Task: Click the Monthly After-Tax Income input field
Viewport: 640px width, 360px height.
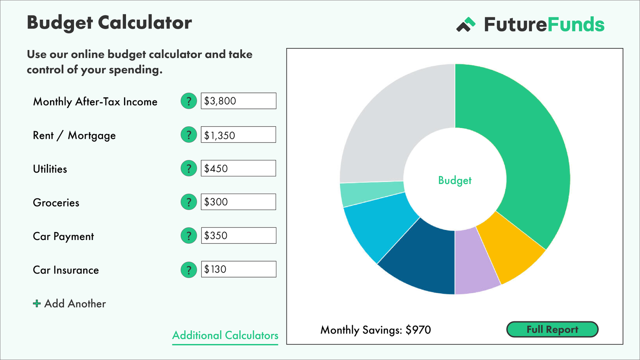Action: pos(238,101)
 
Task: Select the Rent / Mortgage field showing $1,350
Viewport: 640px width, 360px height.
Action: pos(238,135)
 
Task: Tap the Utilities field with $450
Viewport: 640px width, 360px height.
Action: pos(238,168)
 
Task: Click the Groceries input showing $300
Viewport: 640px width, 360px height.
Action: pos(238,202)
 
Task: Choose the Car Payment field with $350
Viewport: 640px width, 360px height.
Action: pos(238,236)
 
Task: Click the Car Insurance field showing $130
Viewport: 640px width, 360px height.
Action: pos(238,269)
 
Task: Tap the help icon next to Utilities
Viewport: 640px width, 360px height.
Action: pos(189,168)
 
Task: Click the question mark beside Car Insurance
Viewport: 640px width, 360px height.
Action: pos(189,270)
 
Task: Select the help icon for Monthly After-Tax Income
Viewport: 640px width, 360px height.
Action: pos(189,101)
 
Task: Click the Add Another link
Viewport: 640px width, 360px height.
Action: pos(70,304)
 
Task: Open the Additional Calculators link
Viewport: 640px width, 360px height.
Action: pos(225,335)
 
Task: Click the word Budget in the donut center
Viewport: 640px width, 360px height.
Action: pos(455,180)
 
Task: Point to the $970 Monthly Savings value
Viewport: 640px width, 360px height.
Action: pos(418,330)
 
